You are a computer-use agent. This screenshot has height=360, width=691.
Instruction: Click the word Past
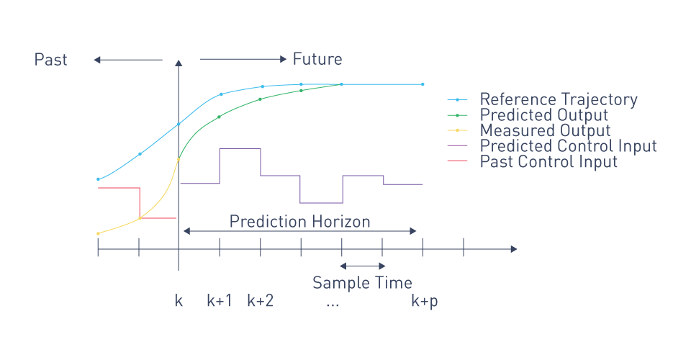tap(50, 60)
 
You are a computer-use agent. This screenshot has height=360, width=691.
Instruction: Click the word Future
tap(317, 59)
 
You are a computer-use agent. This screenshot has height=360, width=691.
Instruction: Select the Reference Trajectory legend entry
tap(543, 99)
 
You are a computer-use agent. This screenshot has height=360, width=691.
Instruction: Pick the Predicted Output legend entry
tap(528, 115)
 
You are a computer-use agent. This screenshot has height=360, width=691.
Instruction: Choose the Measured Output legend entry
tap(529, 130)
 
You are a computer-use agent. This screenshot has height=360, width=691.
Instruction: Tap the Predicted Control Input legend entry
tap(552, 146)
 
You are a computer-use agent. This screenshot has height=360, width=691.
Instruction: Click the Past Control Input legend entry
tap(533, 161)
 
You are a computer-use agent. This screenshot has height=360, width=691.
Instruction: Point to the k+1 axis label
tap(220, 300)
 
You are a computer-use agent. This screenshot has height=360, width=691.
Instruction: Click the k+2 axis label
tap(260, 300)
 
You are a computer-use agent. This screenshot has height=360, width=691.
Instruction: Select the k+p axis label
tap(425, 302)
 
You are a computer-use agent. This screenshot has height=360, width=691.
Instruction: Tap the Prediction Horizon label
tap(299, 221)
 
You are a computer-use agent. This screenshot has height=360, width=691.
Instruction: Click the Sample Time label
tap(362, 282)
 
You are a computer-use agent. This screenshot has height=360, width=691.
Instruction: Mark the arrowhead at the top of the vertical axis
tap(179, 63)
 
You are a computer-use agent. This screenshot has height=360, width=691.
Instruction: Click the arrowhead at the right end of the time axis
tap(514, 249)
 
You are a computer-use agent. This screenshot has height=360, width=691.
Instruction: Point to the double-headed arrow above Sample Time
tap(363, 266)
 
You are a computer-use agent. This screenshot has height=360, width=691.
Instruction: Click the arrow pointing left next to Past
tap(128, 60)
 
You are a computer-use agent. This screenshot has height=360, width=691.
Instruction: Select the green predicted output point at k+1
tap(219, 117)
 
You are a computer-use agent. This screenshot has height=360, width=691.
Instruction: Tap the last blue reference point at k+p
tap(423, 84)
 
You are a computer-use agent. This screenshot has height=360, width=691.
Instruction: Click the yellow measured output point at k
tap(179, 159)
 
